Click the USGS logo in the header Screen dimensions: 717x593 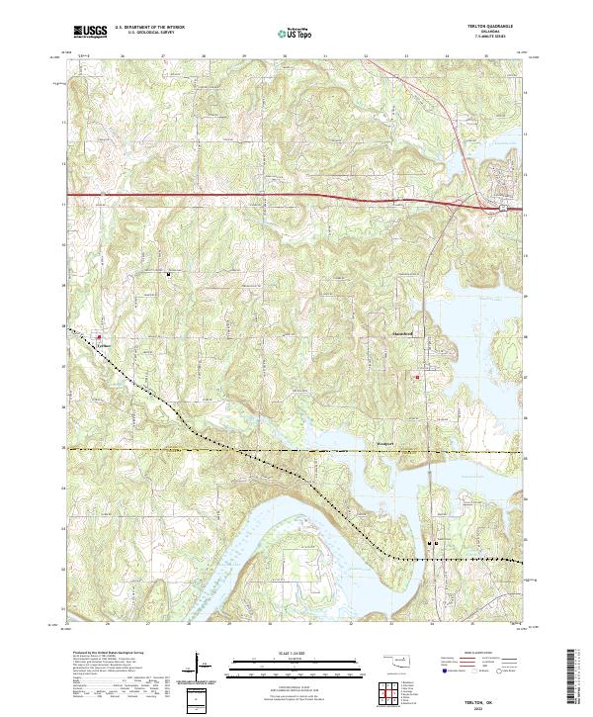coord(91,32)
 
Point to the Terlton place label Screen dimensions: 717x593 coord(101,344)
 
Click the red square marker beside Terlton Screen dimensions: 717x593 coord(99,336)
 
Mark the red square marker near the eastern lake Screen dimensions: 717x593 coord(417,377)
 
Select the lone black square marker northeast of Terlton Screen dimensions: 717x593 coord(168,274)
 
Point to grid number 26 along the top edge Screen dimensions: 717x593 coord(123,56)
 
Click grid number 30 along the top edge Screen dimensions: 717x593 coord(285,56)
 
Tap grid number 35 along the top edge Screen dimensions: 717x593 coord(486,56)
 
